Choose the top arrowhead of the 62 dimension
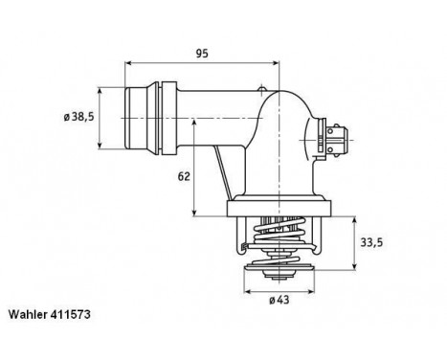(197, 119)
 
